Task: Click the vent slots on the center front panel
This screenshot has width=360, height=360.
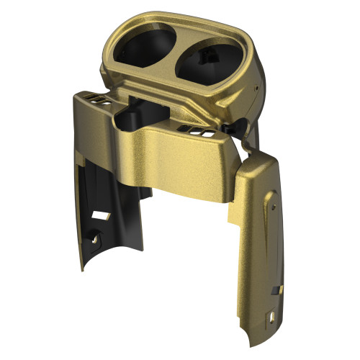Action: tap(197, 132)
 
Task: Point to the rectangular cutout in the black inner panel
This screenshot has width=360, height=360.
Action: tap(102, 215)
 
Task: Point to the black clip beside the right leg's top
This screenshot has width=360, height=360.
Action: tap(230, 127)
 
